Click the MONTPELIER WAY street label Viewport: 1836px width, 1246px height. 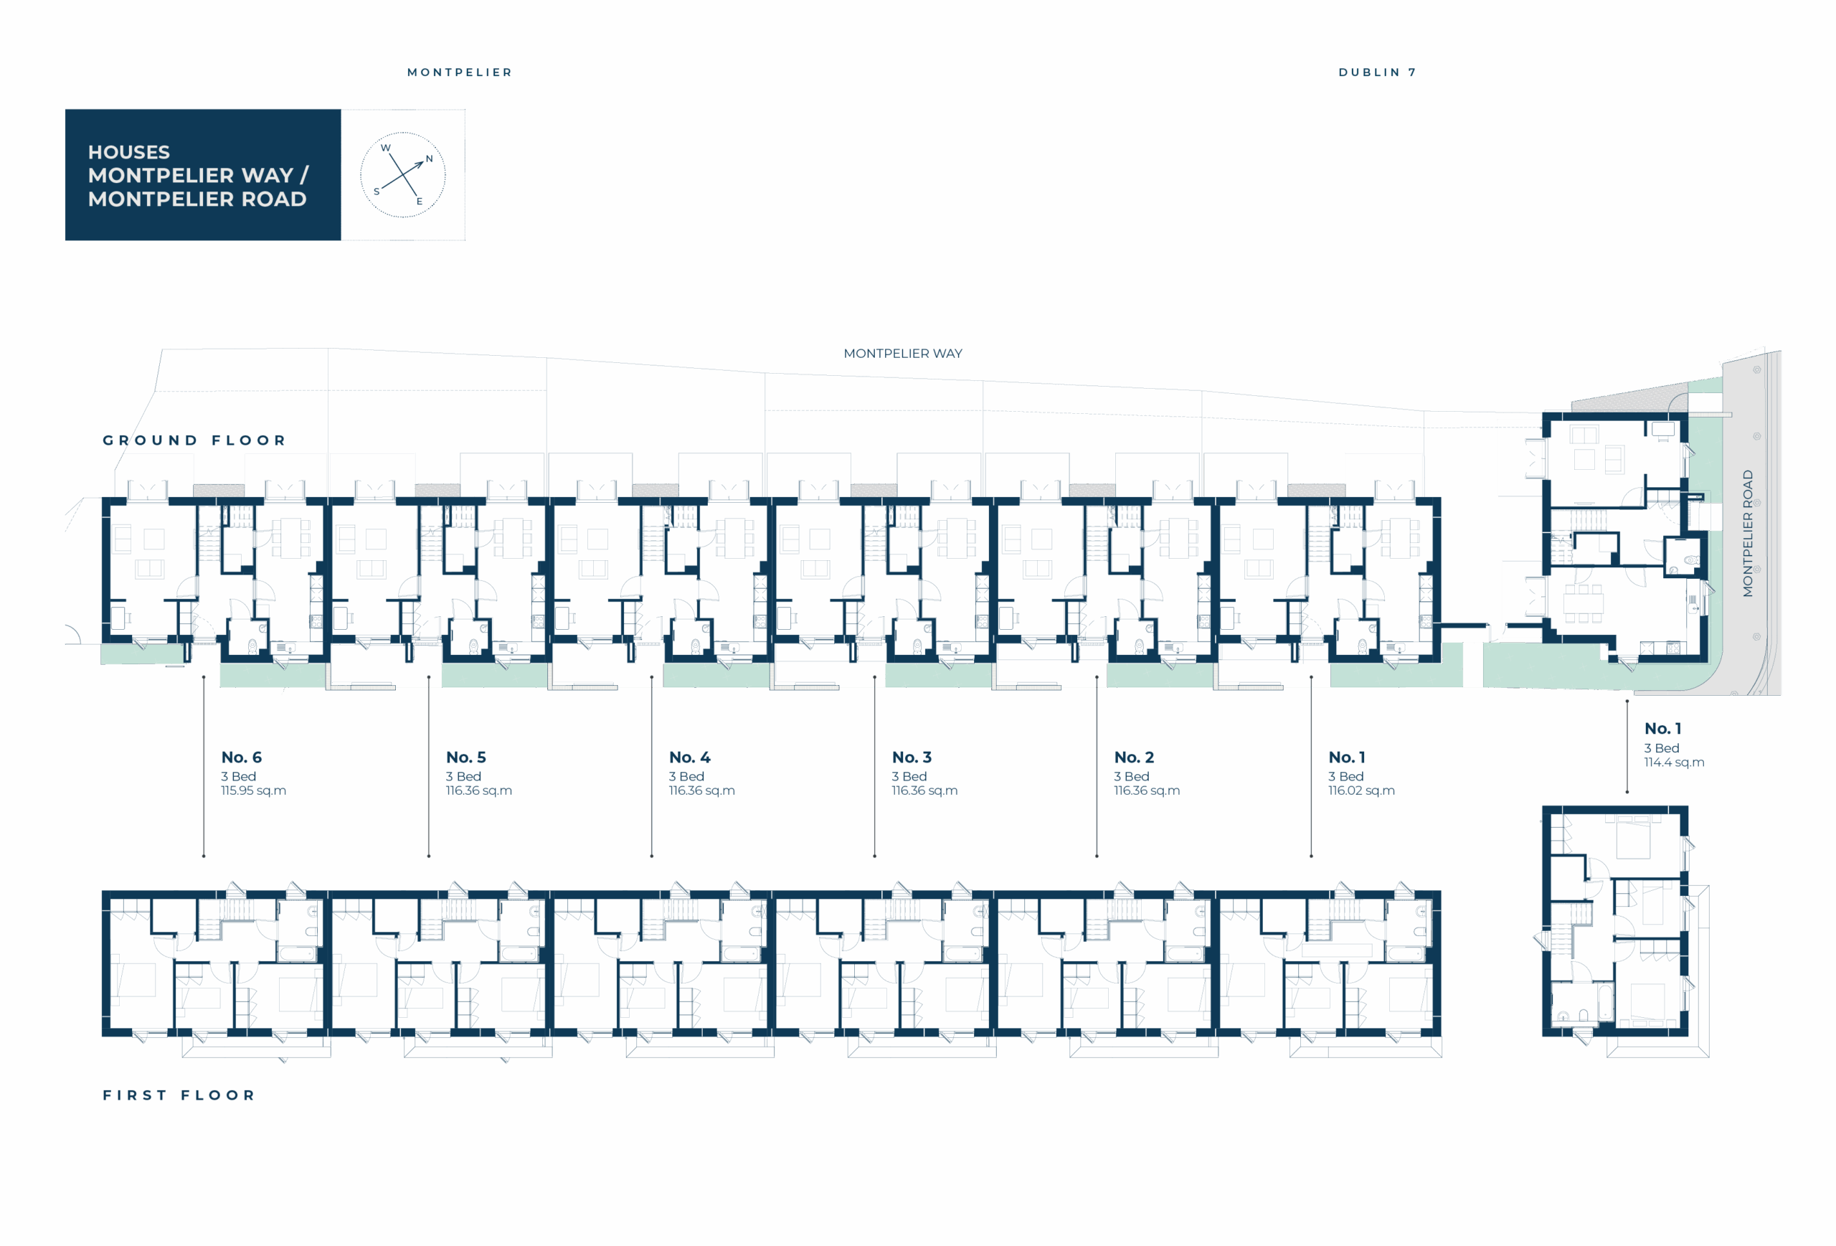click(902, 353)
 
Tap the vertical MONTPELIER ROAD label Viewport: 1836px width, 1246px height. click(1748, 533)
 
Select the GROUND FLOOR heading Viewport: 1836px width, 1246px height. click(194, 440)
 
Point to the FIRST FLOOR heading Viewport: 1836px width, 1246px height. click(179, 1095)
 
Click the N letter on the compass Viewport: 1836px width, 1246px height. click(429, 159)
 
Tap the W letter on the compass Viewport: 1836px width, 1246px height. click(386, 148)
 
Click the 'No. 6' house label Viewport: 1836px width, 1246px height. click(241, 757)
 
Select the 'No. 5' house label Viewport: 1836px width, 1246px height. click(465, 757)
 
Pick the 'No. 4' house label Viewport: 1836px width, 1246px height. click(690, 757)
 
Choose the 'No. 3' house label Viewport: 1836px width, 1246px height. click(912, 757)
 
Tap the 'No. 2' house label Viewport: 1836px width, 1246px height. click(1134, 757)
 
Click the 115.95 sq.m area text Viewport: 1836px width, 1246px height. click(254, 790)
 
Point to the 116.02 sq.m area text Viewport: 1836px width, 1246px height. click(1361, 790)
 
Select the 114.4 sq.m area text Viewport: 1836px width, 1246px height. click(1674, 763)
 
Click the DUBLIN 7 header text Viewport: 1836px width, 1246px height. click(1377, 72)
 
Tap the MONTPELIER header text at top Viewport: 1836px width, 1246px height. click(460, 72)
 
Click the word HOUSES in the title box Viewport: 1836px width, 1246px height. click(129, 151)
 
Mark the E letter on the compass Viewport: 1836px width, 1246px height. click(420, 202)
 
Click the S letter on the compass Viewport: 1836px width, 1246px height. click(376, 192)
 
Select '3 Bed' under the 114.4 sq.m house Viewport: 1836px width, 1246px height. click(1662, 748)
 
